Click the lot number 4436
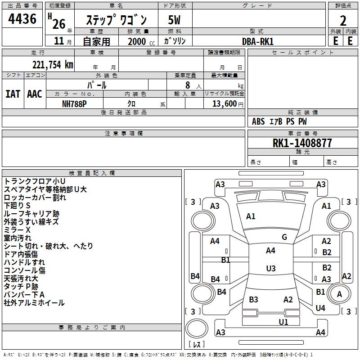coord(23,19)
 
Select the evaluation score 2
coord(343,21)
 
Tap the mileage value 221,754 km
coord(53,64)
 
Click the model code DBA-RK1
coord(258,41)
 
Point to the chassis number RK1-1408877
coord(302,143)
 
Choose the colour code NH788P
coord(75,103)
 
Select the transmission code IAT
coord(13,94)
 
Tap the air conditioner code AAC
coord(35,94)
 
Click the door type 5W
coord(175,20)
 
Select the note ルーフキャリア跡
coord(31,213)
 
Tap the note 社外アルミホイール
coord(34,303)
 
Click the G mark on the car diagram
coord(284,237)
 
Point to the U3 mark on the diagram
coord(270,269)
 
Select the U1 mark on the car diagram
coord(283,322)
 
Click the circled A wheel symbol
coord(339,294)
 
